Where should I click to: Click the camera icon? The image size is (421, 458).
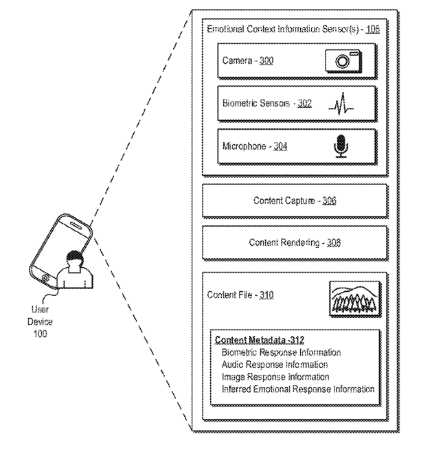pyautogui.click(x=342, y=62)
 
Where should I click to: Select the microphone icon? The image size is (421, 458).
pyautogui.click(x=340, y=146)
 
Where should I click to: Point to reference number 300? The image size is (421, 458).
pyautogui.click(x=266, y=62)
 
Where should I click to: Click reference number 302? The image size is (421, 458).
pyautogui.click(x=304, y=104)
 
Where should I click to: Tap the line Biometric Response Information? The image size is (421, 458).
pyautogui.click(x=282, y=353)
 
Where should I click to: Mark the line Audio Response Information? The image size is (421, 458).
pyautogui.click(x=275, y=365)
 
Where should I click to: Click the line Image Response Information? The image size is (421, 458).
pyautogui.click(x=275, y=377)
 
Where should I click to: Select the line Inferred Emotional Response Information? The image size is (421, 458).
pyautogui.click(x=298, y=389)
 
